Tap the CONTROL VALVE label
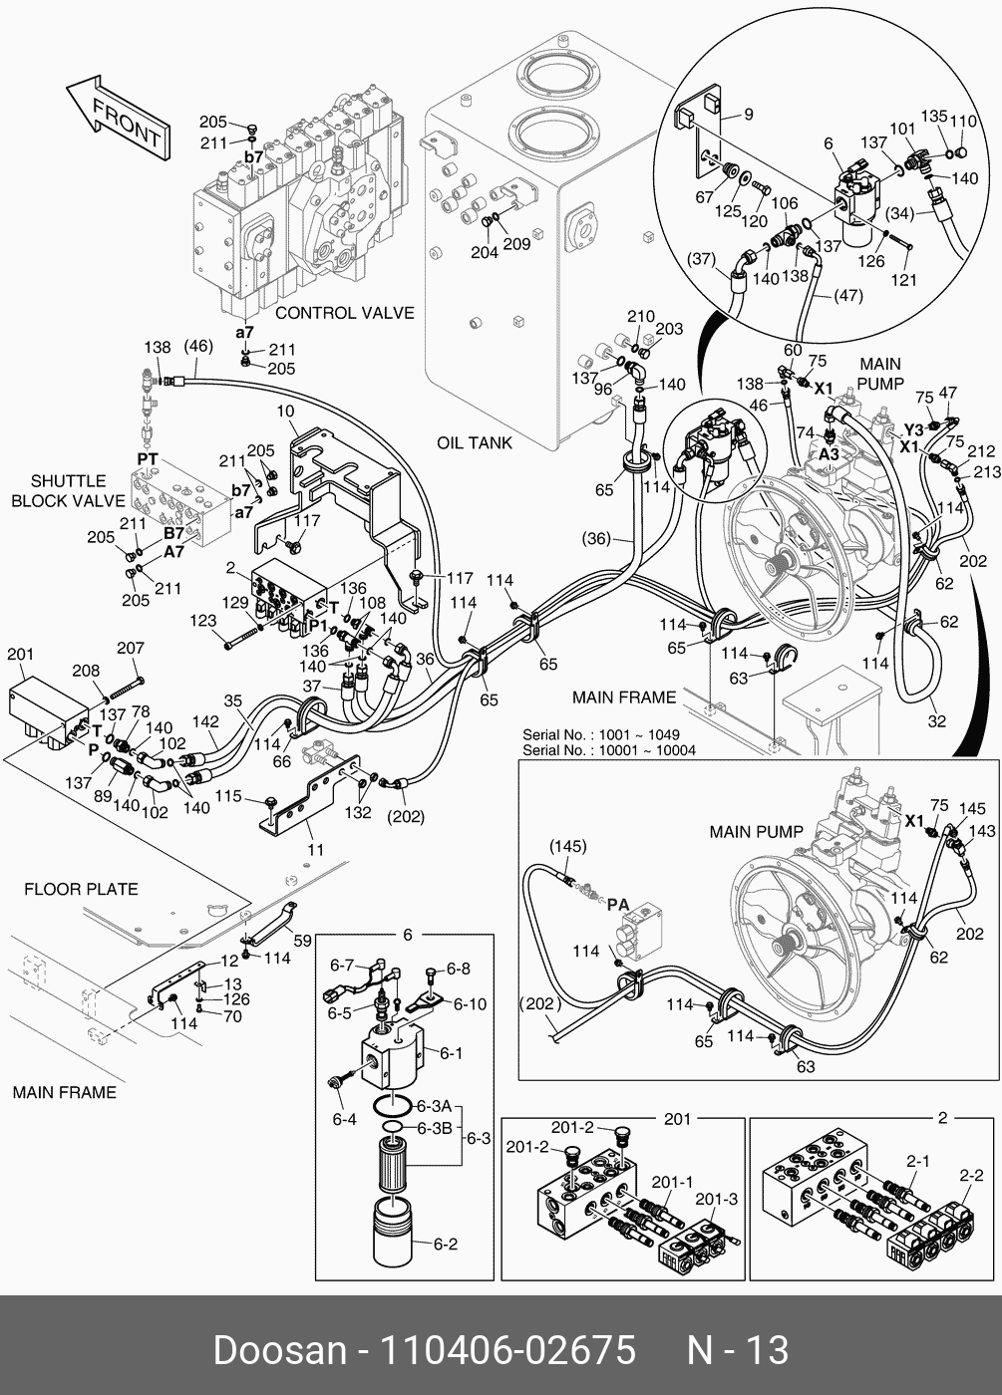point(344,313)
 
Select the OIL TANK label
point(475,442)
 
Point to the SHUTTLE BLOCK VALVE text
point(68,490)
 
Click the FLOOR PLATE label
point(81,889)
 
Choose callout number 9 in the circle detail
point(748,114)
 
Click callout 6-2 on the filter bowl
point(445,1244)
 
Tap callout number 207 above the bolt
point(131,649)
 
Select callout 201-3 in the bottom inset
point(717,1199)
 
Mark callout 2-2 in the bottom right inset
point(971,1176)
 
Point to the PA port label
point(618,905)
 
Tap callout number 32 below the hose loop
point(936,720)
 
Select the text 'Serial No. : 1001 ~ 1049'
point(601,735)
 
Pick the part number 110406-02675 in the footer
point(505,1351)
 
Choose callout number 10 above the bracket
point(285,412)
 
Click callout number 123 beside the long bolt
point(203,621)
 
